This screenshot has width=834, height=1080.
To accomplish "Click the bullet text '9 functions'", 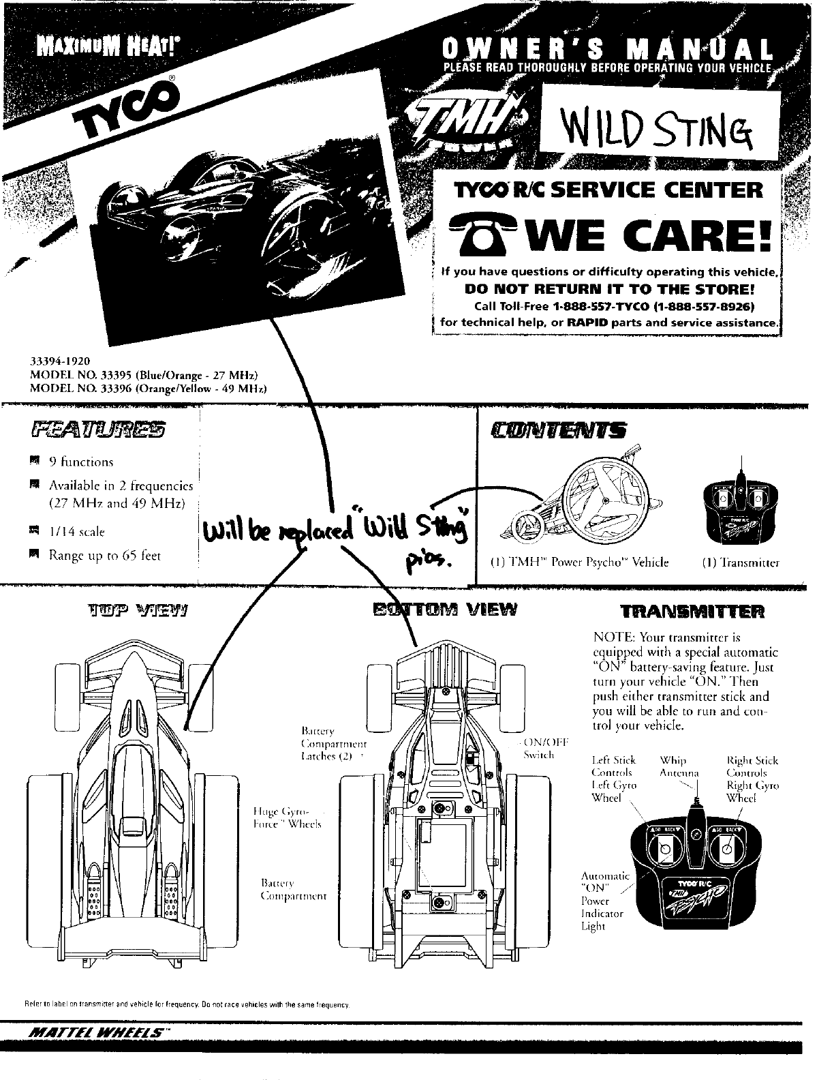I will point(80,462).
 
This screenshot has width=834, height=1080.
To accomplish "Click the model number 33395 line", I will point(143,375).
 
